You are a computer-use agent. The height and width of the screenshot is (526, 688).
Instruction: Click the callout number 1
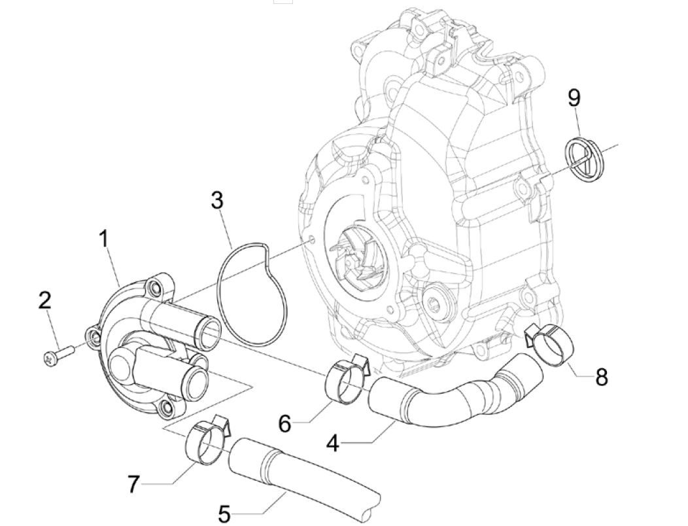[103, 239]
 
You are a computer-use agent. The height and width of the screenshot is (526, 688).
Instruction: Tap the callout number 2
[44, 301]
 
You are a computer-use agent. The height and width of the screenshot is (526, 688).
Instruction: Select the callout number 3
[217, 200]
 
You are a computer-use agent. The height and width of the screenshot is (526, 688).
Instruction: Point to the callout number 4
[333, 444]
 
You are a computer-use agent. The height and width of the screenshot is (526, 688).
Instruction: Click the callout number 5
[224, 514]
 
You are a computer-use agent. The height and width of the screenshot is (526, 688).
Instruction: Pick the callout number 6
[284, 423]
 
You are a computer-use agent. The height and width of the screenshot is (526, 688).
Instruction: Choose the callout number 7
[133, 484]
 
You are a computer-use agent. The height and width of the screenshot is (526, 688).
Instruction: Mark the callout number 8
[601, 377]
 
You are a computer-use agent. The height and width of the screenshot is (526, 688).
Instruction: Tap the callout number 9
[574, 98]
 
